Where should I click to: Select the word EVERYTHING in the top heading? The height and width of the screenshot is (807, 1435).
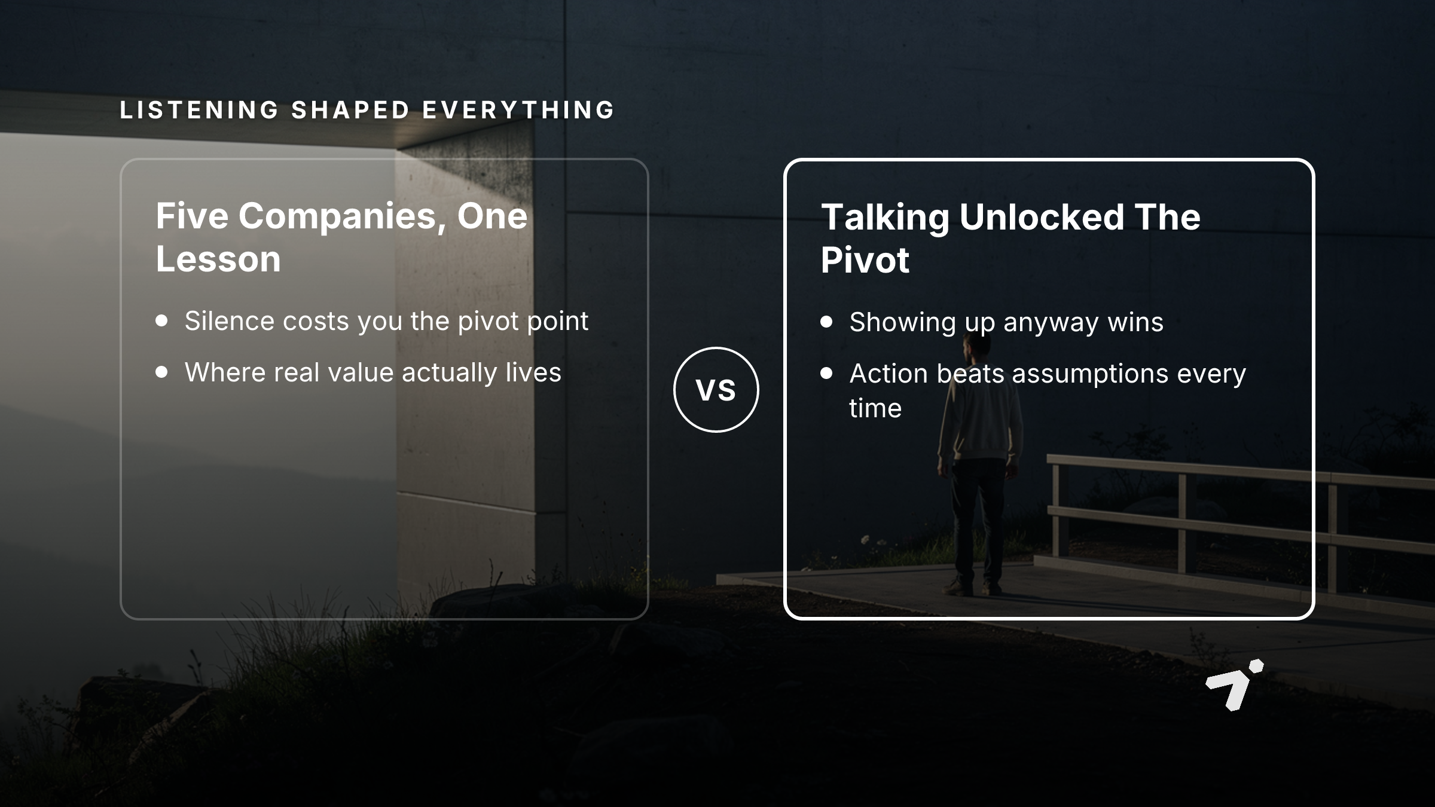coord(518,110)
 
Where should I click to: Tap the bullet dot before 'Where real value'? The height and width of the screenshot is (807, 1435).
coord(161,372)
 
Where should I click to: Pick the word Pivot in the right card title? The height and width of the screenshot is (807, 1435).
coord(865,260)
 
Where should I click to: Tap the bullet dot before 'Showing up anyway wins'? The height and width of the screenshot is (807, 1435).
coord(826,322)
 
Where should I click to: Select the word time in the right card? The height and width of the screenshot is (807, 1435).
coord(875,408)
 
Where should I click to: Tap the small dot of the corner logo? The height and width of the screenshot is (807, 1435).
coord(1256,666)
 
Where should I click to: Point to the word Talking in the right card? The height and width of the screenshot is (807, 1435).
coord(885,218)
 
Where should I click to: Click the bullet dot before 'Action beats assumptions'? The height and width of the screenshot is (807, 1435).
coord(826,373)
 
